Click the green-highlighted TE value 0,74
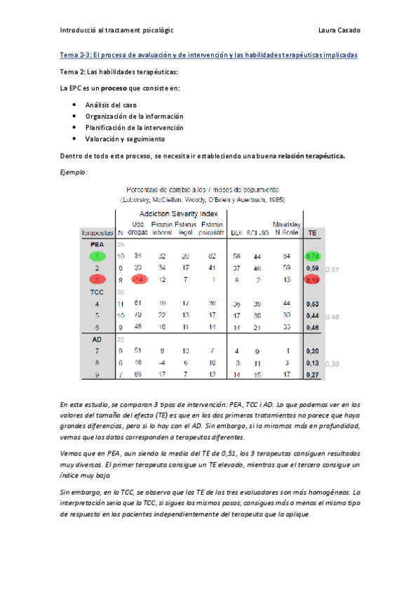point(313,257)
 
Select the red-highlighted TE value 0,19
point(313,279)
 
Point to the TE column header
point(312,232)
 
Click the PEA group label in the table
point(97,244)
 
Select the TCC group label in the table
point(97,291)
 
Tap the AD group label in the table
point(97,339)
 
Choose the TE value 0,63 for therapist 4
point(313,304)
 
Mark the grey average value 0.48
point(332,316)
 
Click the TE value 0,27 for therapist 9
point(313,375)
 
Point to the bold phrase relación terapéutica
point(311,156)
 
